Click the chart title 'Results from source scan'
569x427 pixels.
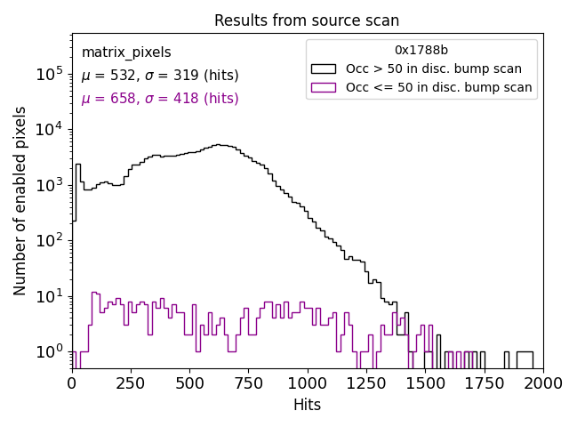(307, 20)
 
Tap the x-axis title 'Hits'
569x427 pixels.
(307, 405)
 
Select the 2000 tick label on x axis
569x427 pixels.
(543, 383)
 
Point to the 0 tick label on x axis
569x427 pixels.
(72, 383)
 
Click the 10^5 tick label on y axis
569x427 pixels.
(50, 75)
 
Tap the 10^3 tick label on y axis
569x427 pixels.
(50, 185)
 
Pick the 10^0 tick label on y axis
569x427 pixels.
(50, 351)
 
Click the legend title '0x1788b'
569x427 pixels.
(421, 50)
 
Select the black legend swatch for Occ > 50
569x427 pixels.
(324, 68)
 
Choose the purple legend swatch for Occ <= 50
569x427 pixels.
(324, 87)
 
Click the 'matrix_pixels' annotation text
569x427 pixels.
(126, 52)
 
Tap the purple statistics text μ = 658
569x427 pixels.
(160, 99)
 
